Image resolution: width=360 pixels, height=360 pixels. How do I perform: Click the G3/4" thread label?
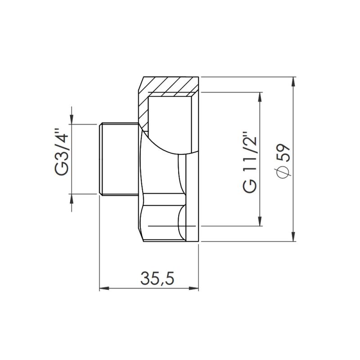62,152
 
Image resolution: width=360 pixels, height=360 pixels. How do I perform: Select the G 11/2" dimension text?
250,162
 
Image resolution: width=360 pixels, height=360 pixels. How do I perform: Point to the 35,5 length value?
157,279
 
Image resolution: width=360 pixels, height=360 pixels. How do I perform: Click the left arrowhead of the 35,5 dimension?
104,288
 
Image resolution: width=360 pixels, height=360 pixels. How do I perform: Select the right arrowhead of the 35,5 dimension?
193,288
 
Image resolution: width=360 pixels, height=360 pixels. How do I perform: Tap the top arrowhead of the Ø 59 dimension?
293,82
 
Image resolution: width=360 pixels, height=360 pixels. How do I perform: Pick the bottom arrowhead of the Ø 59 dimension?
293,237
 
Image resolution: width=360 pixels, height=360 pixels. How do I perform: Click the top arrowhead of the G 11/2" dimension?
260,97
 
